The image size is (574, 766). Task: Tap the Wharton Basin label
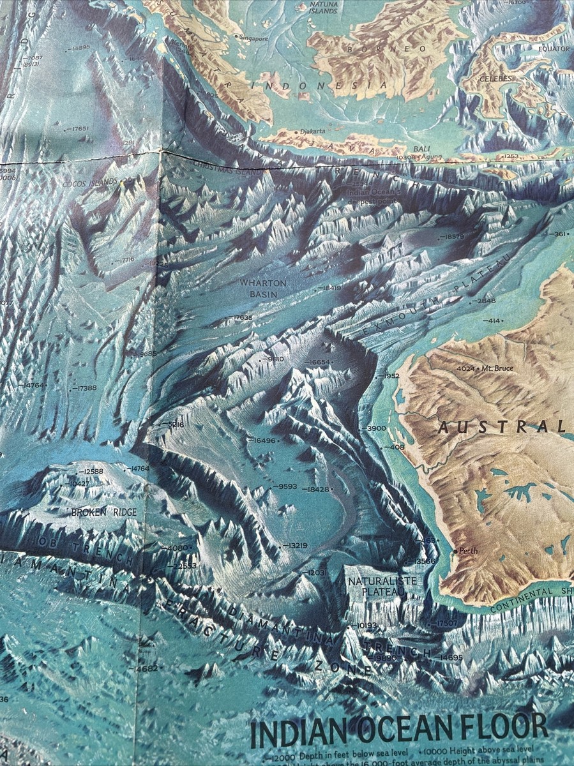[x=263, y=287]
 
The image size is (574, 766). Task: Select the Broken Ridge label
[x=96, y=512]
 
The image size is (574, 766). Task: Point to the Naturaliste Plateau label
[x=374, y=586]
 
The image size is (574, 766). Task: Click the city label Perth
[x=467, y=551]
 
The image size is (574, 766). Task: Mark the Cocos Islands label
[x=90, y=183]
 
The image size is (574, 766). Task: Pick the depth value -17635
[x=241, y=317]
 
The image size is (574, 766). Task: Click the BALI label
[x=421, y=149]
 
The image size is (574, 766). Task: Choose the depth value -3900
[x=374, y=428]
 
